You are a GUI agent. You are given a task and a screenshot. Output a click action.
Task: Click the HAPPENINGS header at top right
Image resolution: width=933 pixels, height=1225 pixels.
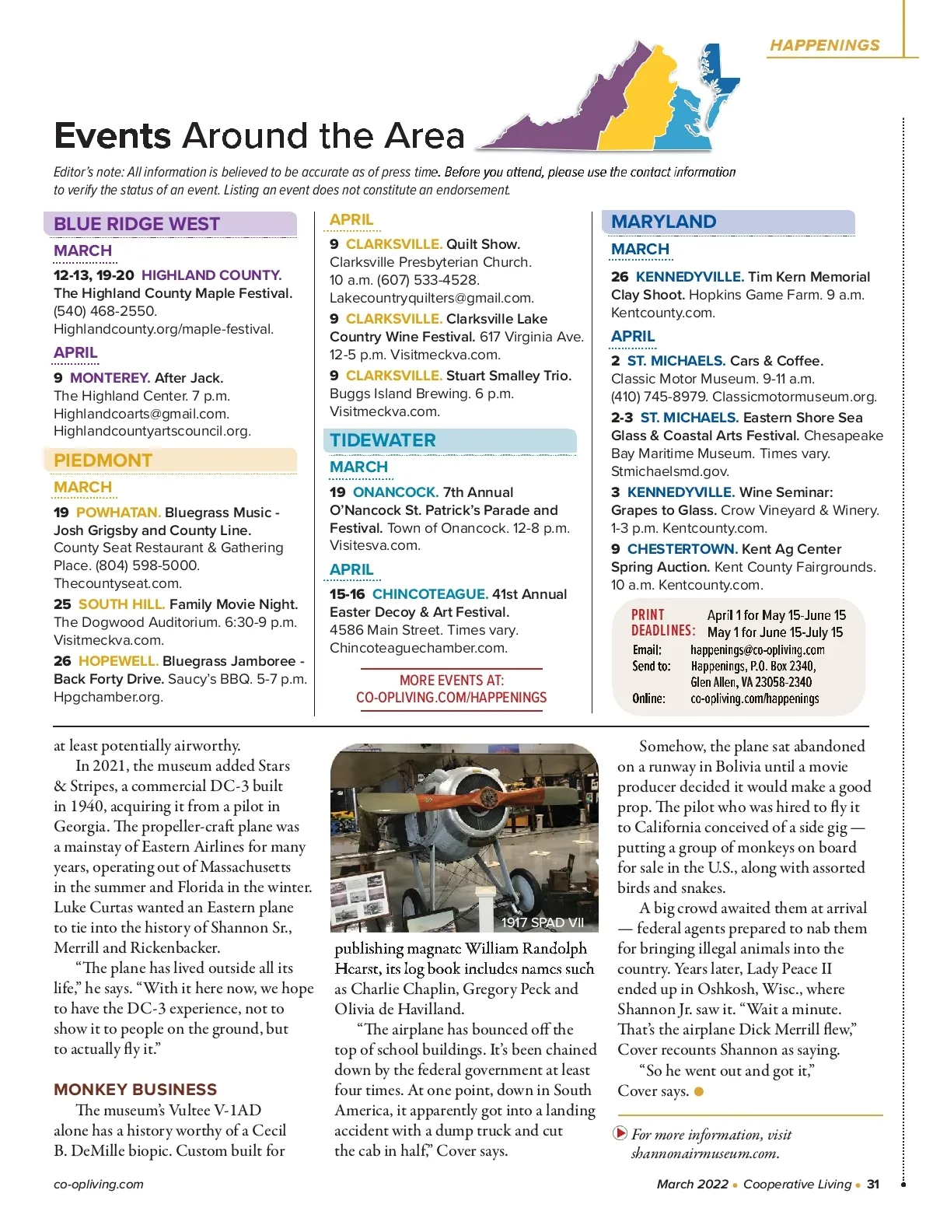pyautogui.click(x=824, y=45)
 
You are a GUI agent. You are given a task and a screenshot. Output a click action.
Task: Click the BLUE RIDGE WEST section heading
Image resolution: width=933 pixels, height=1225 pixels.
pyautogui.click(x=137, y=224)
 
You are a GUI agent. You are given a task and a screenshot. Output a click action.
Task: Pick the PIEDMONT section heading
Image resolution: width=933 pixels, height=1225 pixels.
pyautogui.click(x=103, y=460)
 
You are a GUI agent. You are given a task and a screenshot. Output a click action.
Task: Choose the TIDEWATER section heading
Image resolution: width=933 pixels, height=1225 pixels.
pyautogui.click(x=383, y=440)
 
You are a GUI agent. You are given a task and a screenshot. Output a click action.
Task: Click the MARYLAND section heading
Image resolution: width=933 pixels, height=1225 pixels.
pyautogui.click(x=663, y=222)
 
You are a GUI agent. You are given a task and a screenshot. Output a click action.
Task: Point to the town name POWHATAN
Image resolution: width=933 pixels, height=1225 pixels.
pyautogui.click(x=118, y=513)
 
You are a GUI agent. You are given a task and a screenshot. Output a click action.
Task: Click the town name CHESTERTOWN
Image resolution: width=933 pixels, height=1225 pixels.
pyautogui.click(x=681, y=549)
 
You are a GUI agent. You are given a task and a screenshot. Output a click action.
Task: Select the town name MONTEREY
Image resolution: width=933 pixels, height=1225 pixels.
pyautogui.click(x=110, y=378)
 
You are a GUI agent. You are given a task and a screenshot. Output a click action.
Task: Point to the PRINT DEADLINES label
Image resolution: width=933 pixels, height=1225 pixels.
pyautogui.click(x=662, y=622)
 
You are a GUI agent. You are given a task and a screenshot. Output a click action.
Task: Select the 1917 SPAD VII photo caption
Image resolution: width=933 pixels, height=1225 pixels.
pyautogui.click(x=542, y=922)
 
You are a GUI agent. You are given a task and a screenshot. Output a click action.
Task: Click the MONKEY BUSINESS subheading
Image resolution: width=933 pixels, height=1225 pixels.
pyautogui.click(x=135, y=1089)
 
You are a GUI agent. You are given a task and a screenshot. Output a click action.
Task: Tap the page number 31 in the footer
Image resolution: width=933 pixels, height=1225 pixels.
pyautogui.click(x=873, y=1184)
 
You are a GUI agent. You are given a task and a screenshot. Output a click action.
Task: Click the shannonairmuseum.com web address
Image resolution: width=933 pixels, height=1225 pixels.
pyautogui.click(x=704, y=1153)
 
